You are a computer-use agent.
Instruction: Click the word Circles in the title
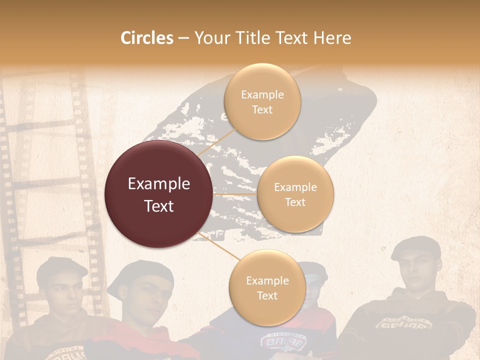[x=147, y=38]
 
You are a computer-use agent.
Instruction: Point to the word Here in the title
[x=332, y=38]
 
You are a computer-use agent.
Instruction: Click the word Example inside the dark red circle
[x=158, y=184]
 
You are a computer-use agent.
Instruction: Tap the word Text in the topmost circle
[x=262, y=109]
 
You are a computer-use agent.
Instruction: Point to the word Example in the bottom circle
[x=267, y=280]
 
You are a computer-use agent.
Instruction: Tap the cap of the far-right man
[x=416, y=246]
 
